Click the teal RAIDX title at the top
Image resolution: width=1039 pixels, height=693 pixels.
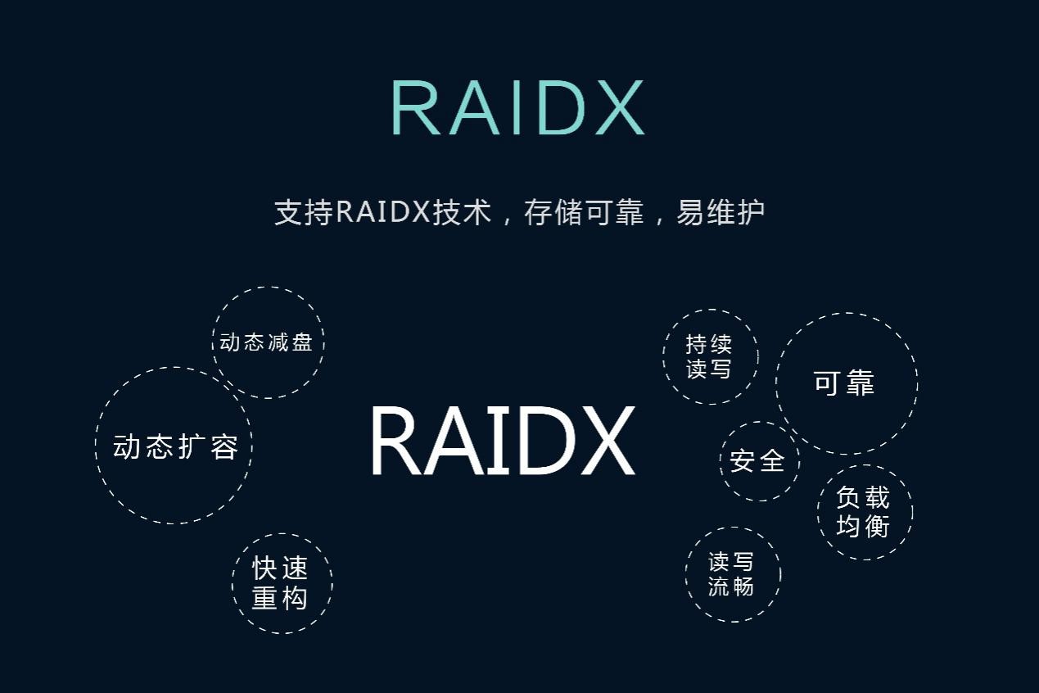[x=517, y=107]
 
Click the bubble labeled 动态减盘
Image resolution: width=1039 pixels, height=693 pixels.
[x=267, y=342]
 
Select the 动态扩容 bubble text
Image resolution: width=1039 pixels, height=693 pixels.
[x=175, y=447]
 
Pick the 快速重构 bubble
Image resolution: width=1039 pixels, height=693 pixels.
[x=280, y=583]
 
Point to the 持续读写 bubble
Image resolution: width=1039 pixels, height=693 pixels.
[x=709, y=356]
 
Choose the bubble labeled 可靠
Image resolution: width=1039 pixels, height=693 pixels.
[x=844, y=383]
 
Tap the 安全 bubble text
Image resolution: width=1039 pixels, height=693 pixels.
[x=757, y=461]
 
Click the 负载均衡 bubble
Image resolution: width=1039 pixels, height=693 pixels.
[x=863, y=512]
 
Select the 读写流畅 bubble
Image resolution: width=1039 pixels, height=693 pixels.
[x=731, y=573]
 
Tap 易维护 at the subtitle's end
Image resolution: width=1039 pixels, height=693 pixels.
[x=721, y=212]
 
